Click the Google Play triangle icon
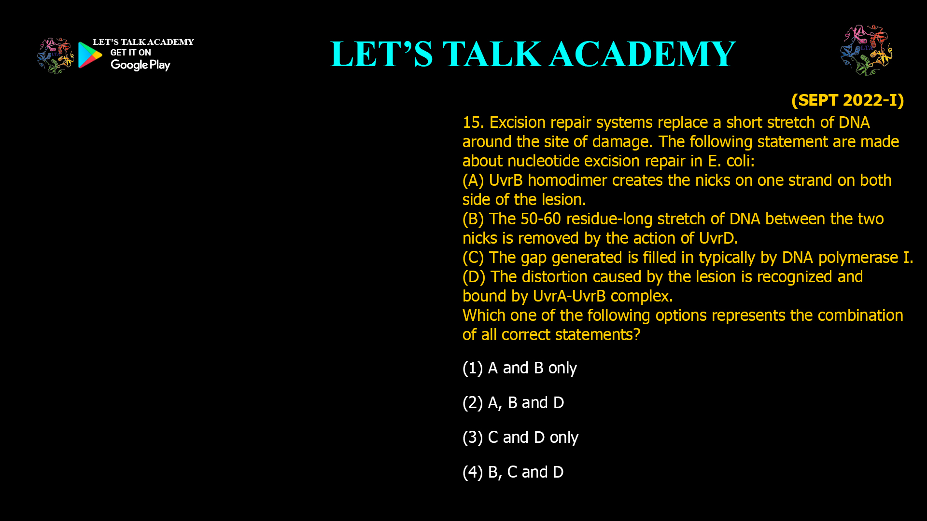coord(90,55)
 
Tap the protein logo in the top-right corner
coord(866,50)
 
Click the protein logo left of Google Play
coord(56,56)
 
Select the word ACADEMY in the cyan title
coord(642,54)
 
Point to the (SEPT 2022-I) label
coord(847,100)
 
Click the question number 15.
coord(473,123)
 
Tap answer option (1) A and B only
coord(520,368)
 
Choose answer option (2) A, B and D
coord(513,403)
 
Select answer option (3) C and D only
coord(520,438)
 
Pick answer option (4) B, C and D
coord(513,472)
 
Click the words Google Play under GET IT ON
coord(140,65)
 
